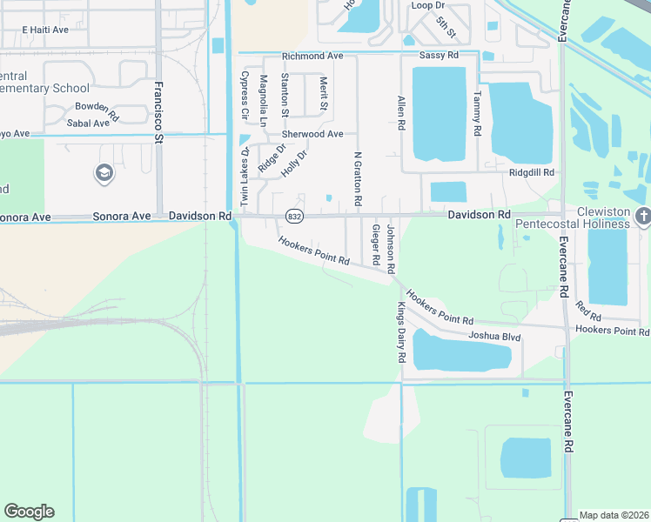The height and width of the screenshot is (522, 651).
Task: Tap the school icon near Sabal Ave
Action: coord(104,173)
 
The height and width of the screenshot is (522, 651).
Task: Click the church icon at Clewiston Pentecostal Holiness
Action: coord(642,216)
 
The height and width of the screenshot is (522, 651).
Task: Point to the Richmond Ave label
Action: coord(312,56)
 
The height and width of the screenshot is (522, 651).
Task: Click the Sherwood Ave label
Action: coord(312,134)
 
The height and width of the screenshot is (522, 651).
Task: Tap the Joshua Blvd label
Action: coord(494,336)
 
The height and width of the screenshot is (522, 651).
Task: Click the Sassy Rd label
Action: coord(439,56)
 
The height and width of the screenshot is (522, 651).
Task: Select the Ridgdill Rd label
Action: coord(532,173)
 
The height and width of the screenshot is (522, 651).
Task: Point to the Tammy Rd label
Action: coord(477,114)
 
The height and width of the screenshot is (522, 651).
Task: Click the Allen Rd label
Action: coord(401,113)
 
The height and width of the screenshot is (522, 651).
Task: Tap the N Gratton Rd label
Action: coord(358,179)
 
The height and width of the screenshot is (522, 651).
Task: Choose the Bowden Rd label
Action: coord(97,109)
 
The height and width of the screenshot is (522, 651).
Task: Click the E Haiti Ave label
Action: coord(45,30)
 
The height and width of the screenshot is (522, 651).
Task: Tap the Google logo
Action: coord(29,512)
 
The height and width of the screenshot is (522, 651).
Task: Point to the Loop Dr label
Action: coord(427,4)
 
